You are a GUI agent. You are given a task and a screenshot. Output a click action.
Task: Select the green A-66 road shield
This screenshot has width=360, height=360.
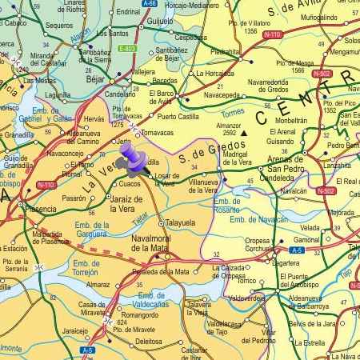[149, 4]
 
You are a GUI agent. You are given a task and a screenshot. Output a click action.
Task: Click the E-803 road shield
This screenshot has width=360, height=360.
[126, 49]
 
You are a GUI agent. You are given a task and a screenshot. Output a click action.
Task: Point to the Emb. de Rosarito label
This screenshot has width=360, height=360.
[227, 204]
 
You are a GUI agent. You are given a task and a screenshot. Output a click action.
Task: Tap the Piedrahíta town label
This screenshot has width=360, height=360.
[225, 52]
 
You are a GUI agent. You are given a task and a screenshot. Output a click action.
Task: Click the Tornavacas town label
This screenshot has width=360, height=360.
[157, 132]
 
